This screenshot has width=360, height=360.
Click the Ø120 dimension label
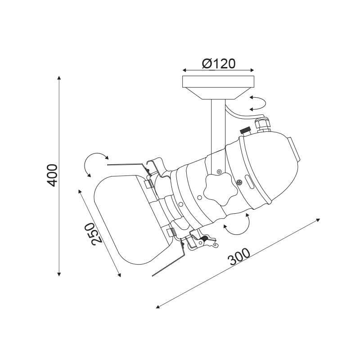[x=219, y=63]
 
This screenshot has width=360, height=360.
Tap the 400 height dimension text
[x=52, y=175]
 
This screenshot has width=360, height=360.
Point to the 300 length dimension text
[x=239, y=256]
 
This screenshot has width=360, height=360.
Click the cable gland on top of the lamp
[x=263, y=125]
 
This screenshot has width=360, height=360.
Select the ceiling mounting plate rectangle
[x=218, y=82]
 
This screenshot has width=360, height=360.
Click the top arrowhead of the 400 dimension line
[x=59, y=77]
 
